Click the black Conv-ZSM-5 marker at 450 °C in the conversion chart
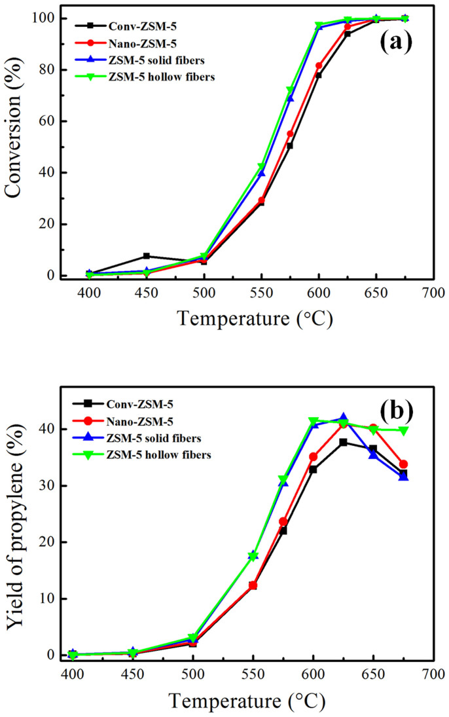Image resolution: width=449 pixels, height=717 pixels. pos(147,256)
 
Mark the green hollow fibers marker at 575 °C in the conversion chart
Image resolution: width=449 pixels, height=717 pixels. pos(290,90)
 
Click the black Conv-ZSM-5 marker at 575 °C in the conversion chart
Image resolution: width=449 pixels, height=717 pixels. pos(290,145)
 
